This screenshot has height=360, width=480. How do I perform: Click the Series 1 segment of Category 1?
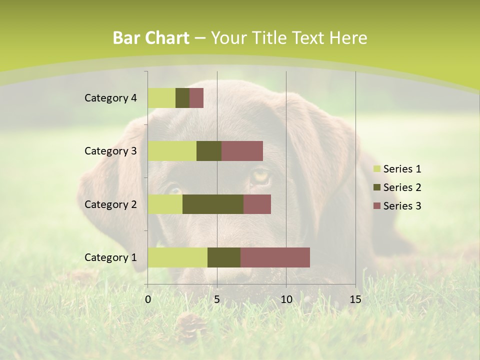(x=177, y=257)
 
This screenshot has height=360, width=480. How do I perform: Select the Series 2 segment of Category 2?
(x=213, y=204)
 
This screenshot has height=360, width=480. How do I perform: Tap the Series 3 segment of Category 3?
(x=242, y=151)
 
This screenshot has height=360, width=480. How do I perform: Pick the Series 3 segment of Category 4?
(x=196, y=98)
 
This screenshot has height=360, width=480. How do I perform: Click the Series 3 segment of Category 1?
(x=275, y=257)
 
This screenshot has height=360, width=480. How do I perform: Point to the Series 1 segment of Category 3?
(x=172, y=151)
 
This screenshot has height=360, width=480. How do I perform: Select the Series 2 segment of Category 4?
(x=182, y=98)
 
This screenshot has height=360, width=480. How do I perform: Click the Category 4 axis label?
(x=110, y=98)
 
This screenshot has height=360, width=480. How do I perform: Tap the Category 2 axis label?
(x=110, y=204)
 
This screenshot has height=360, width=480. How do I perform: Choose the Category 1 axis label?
(x=110, y=257)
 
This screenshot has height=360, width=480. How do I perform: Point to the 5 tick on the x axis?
(x=217, y=299)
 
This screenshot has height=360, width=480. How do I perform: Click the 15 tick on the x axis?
(x=355, y=299)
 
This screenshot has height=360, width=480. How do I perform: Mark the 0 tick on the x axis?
(x=148, y=299)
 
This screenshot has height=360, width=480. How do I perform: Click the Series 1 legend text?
(x=402, y=169)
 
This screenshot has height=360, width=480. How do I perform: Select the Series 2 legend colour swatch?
(x=376, y=187)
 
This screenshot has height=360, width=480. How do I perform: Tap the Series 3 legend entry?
(x=397, y=206)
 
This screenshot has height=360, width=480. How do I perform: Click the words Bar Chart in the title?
(x=150, y=38)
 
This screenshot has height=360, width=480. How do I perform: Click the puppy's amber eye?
(x=260, y=175)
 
